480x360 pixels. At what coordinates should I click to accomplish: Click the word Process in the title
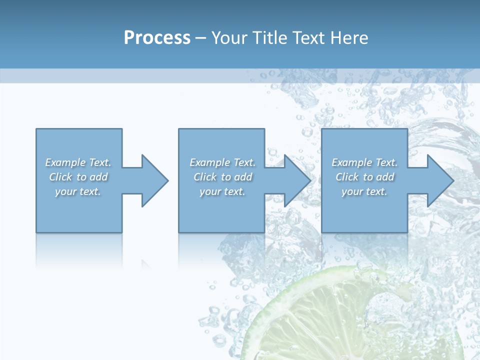[157, 37]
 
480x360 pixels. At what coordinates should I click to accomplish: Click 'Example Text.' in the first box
[78, 162]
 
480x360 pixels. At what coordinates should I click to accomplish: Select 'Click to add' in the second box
[222, 177]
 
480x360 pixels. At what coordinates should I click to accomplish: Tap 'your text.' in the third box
[364, 191]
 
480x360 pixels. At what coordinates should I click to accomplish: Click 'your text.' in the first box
[78, 191]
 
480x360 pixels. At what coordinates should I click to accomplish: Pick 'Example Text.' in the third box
[364, 162]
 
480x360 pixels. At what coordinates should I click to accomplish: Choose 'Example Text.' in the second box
[222, 162]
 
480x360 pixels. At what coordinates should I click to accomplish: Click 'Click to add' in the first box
[78, 177]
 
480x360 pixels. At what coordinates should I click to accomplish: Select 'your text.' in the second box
[222, 191]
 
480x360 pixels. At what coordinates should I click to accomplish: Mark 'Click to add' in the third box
[364, 177]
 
